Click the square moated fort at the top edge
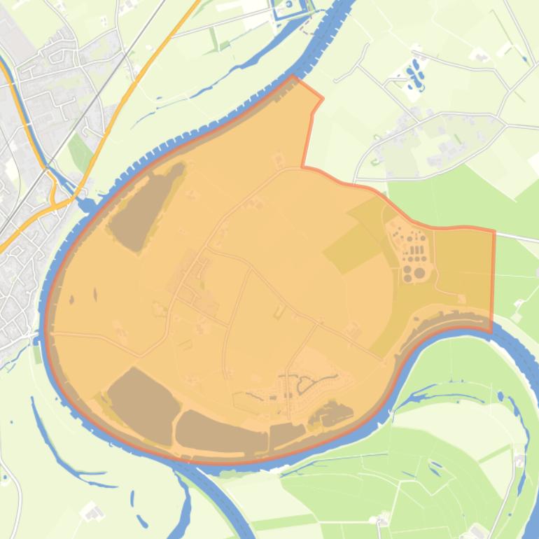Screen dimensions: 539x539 (289, 9)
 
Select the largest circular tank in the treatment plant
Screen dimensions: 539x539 (419, 272)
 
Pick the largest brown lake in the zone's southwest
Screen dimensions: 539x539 (142, 405)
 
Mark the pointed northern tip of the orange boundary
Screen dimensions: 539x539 (294, 76)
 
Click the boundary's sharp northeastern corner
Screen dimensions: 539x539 (494, 232)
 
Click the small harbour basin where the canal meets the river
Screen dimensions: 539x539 (88, 204)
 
